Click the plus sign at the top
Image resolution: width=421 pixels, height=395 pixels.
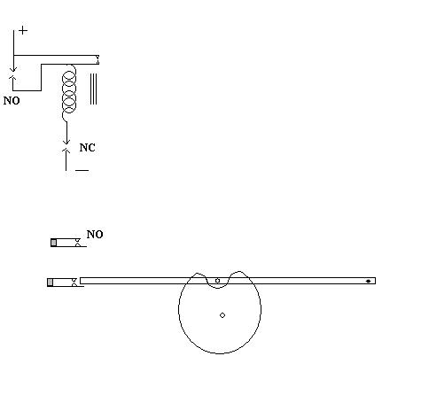23,30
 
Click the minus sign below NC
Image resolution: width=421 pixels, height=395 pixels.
82,170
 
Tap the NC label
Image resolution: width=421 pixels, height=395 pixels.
87,148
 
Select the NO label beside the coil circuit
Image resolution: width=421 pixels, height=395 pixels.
12,101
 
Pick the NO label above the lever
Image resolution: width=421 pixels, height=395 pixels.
95,235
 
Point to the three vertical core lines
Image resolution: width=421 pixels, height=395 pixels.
93,89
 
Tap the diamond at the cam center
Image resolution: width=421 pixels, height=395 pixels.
222,315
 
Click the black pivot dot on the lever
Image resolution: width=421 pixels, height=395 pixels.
368,281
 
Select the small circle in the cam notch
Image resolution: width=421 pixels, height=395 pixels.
217,281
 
